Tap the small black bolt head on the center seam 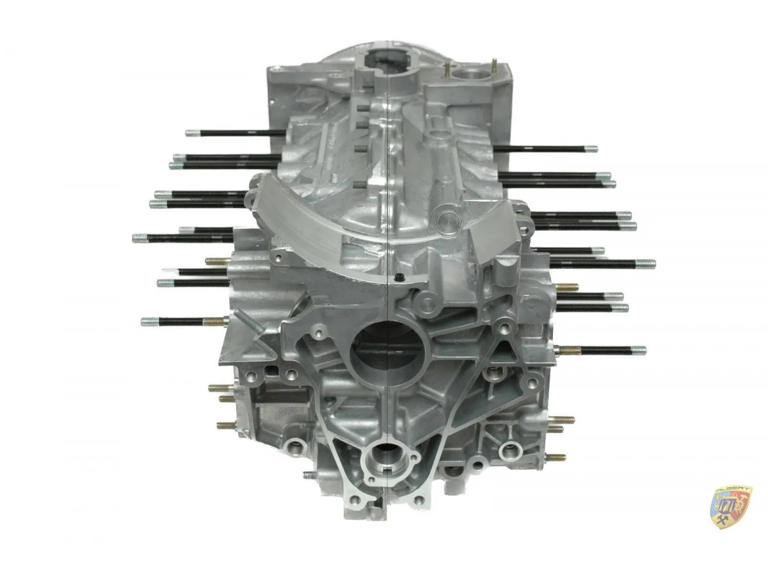tap(399, 277)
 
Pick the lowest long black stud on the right tap(602, 350)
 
